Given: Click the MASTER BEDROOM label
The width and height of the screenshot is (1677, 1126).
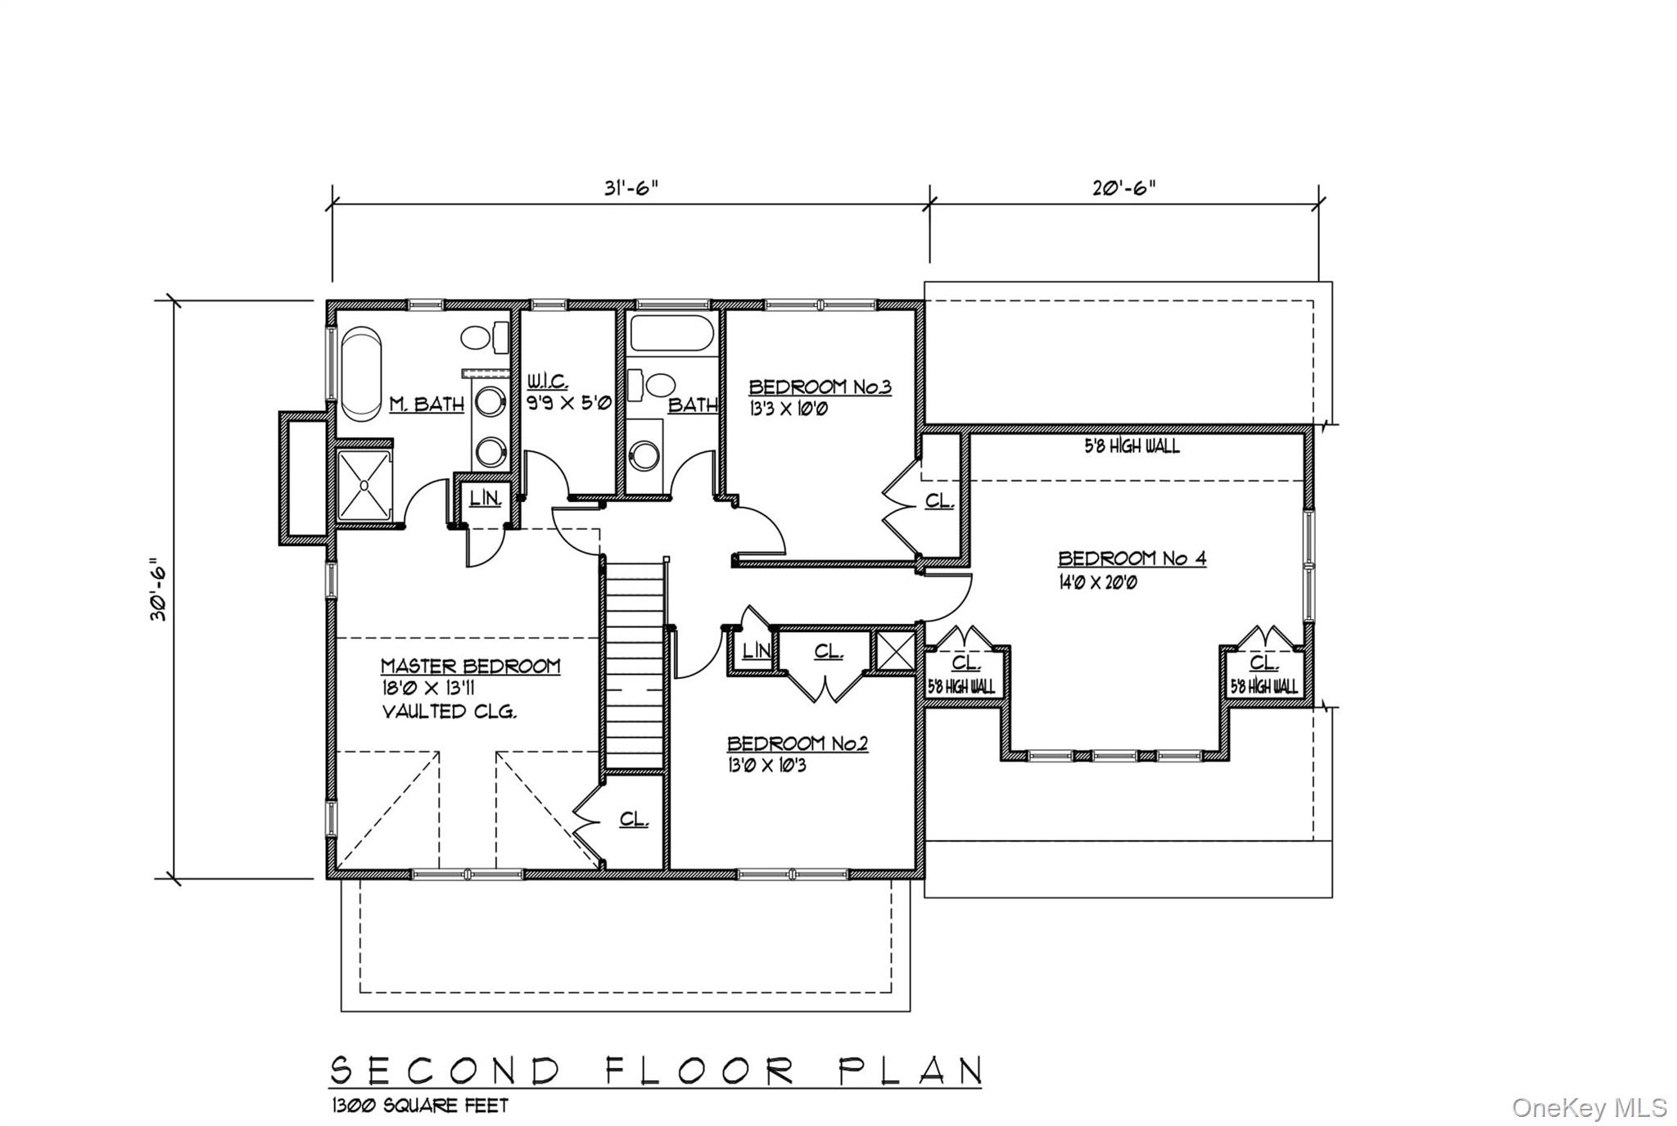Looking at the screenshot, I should click(x=470, y=666).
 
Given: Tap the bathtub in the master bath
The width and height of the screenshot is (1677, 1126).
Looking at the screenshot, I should click(x=360, y=373).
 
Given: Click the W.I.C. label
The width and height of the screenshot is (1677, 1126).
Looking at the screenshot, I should click(x=548, y=382).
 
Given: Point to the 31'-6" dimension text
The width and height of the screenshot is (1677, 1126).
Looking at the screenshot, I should click(x=631, y=188).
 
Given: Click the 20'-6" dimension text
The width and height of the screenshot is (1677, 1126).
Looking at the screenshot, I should click(x=1123, y=188).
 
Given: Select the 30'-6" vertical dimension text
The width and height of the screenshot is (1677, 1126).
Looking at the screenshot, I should click(x=158, y=589).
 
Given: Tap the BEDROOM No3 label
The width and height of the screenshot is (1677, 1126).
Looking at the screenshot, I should click(x=820, y=387).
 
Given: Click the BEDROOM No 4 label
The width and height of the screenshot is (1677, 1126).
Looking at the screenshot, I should click(x=1132, y=558).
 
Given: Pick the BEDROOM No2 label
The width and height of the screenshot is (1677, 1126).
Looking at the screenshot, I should click(x=798, y=744).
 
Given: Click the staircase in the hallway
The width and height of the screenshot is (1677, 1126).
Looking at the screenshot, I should click(x=634, y=663).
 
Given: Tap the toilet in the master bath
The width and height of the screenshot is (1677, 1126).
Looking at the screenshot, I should click(x=484, y=337).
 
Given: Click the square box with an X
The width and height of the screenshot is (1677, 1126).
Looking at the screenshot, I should click(x=894, y=652).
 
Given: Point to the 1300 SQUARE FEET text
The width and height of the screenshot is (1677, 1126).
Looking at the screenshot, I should click(x=419, y=1106).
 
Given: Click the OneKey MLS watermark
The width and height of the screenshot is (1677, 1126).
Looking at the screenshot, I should click(x=1589, y=1107).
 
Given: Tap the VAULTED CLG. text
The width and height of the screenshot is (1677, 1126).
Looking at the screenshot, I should click(x=450, y=711).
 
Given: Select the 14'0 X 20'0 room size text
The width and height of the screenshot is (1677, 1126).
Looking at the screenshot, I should click(x=1097, y=583).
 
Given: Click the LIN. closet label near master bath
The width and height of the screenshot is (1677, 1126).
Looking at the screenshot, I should click(x=485, y=497).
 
